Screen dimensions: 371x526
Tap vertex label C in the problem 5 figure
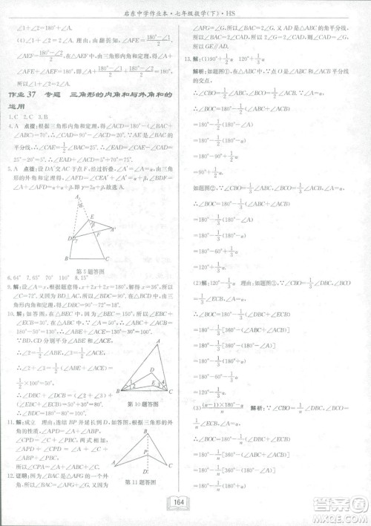click(108, 259)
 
